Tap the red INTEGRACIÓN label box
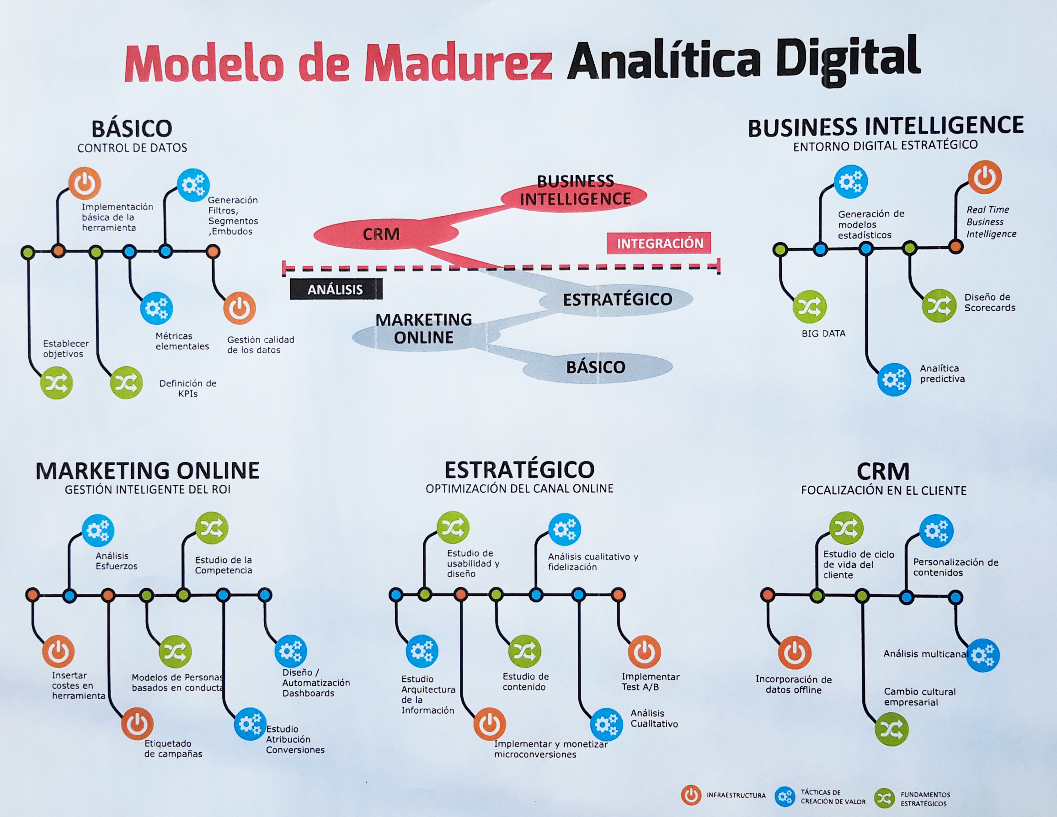point(659,243)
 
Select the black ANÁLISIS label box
point(336,289)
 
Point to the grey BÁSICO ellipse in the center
point(596,366)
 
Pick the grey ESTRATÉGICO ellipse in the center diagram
point(617,299)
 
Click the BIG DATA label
point(823,333)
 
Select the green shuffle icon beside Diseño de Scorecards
point(939,305)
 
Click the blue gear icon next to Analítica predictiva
point(894,379)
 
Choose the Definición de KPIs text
point(188,388)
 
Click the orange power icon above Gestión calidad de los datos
point(240,308)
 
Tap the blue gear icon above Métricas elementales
point(156,308)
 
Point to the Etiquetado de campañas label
point(173,748)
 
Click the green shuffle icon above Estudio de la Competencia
point(212,528)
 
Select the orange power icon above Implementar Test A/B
point(644,652)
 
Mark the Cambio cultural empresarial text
point(919,696)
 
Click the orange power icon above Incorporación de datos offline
point(794,653)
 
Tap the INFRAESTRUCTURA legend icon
point(691,795)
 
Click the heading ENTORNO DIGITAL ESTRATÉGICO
point(885,145)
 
